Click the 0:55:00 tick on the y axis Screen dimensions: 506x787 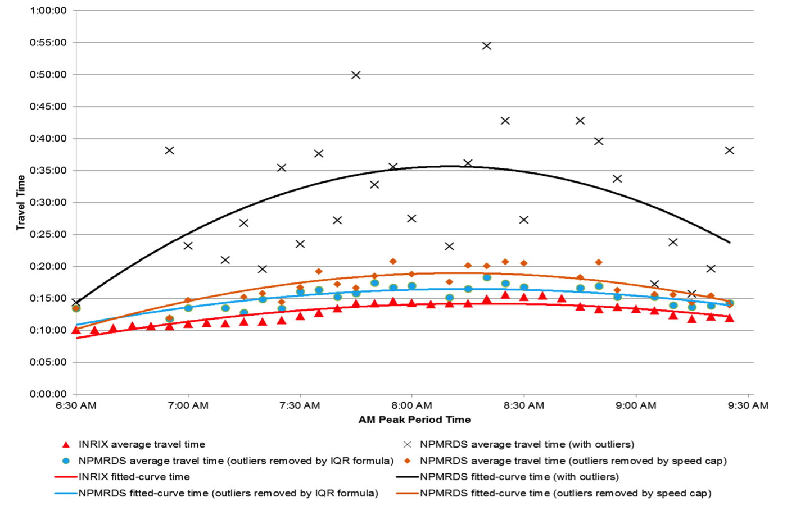[x=48, y=43]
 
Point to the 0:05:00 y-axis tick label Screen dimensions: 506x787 [x=48, y=362]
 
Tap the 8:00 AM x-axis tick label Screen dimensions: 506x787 [x=411, y=405]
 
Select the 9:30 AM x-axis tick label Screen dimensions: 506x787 [x=748, y=405]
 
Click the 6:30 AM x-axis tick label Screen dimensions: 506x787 [x=76, y=405]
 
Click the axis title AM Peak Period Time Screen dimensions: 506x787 [x=414, y=420]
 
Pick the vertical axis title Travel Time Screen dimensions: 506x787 [x=21, y=202]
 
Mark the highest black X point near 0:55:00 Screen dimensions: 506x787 [x=487, y=46]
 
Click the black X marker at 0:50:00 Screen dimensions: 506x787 [x=356, y=75]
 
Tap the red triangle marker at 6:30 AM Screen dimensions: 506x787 [x=76, y=330]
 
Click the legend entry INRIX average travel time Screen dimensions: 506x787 [x=142, y=444]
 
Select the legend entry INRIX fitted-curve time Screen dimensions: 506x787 [x=134, y=477]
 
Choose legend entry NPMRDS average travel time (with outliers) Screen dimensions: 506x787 [x=527, y=444]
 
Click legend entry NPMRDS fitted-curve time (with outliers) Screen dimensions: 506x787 [x=519, y=477]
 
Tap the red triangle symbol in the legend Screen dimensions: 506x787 [x=66, y=444]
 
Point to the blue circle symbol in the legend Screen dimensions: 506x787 [x=66, y=461]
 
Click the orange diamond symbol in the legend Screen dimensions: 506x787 [x=408, y=461]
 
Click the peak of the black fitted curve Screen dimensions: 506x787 [x=453, y=166]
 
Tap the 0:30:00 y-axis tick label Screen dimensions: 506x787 [x=48, y=202]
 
